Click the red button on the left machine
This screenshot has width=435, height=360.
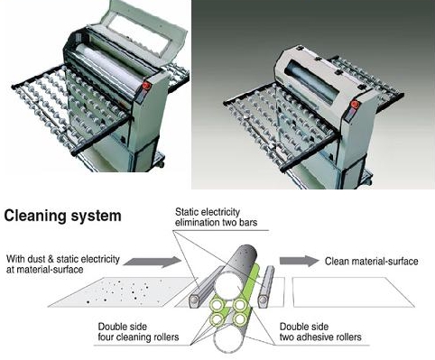tap(146, 86)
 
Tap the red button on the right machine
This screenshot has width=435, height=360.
tap(356, 105)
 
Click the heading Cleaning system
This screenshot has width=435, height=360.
tap(62, 216)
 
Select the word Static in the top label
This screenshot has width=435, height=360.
tap(185, 212)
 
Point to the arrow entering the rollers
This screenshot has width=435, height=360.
tap(152, 262)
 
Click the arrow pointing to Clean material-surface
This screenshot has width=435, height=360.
tap(299, 261)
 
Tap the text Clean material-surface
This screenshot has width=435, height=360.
tap(372, 261)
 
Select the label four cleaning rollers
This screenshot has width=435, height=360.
tap(138, 337)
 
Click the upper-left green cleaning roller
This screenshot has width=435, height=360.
tap(217, 305)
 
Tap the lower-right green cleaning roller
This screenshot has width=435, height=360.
tap(240, 319)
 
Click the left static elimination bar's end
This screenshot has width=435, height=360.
tap(194, 300)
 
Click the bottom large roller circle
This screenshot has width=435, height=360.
tap(228, 340)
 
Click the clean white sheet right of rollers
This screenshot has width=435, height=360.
tap(354, 292)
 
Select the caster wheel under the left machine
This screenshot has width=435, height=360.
tap(160, 164)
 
